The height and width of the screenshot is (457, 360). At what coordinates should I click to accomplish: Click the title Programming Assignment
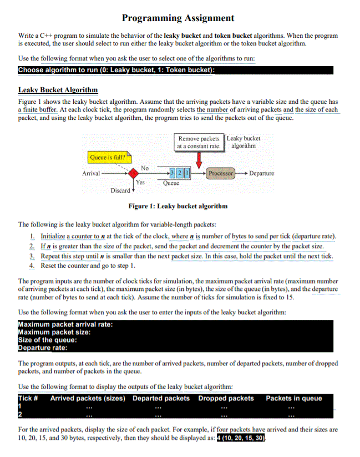pyautogui.click(x=178, y=18)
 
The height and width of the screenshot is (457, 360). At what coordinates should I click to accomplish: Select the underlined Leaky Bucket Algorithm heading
pyautogui.click(x=58, y=90)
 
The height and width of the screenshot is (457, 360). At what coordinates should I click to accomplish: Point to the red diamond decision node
pyautogui.click(x=133, y=173)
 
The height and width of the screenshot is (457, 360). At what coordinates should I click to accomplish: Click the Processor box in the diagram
pyautogui.click(x=221, y=173)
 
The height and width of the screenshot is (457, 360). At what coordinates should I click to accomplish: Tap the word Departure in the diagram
pyautogui.click(x=262, y=173)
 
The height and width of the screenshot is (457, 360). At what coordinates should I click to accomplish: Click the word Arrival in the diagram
pyautogui.click(x=91, y=173)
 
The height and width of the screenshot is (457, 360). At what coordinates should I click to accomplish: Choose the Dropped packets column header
pyautogui.click(x=226, y=398)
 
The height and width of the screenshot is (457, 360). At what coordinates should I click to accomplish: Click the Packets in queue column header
pyautogui.click(x=293, y=398)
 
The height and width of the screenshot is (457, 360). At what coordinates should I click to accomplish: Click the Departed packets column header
pyautogui.click(x=161, y=398)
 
